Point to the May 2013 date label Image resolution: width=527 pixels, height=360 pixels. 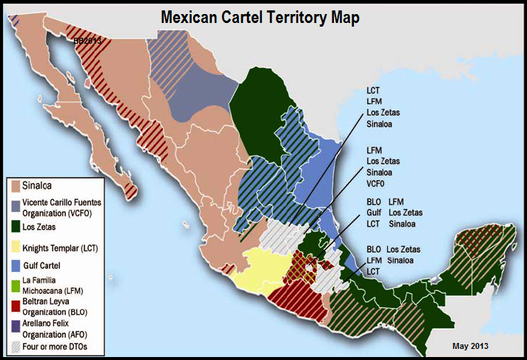470,346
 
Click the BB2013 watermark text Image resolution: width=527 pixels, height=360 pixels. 88,41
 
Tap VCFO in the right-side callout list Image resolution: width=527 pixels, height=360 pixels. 377,183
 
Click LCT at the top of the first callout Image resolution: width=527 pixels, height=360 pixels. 374,90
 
